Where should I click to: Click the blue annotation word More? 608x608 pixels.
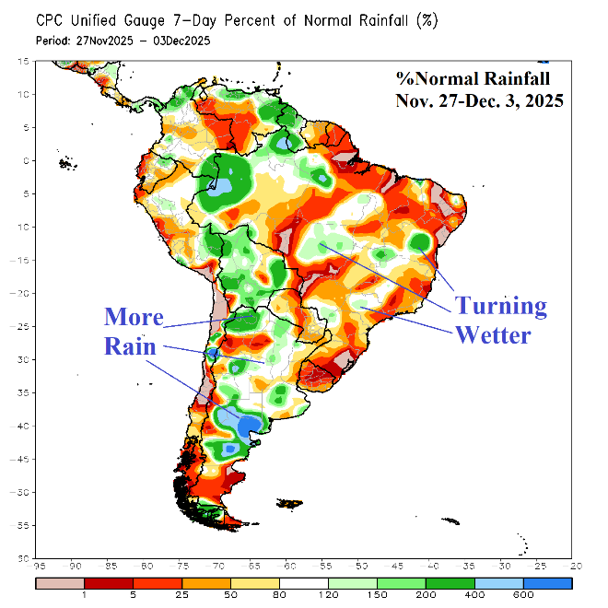click(x=134, y=317)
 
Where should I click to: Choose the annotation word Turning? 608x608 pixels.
click(x=502, y=305)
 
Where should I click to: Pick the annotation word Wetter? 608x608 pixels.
click(x=494, y=334)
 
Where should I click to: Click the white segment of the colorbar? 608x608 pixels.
click(x=305, y=583)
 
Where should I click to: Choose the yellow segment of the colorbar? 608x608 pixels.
click(x=256, y=583)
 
